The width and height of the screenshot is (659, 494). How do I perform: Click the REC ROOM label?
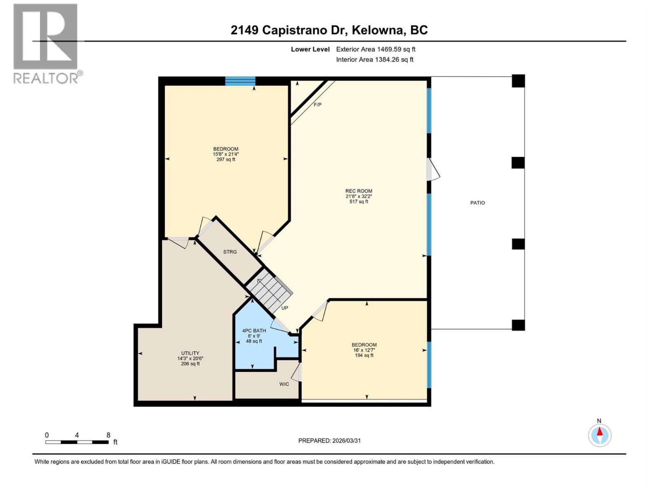point(359,191)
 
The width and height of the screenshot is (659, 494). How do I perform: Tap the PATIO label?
point(477,203)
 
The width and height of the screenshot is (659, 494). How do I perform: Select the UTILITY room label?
point(190,353)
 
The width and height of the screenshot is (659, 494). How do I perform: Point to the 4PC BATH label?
point(254,331)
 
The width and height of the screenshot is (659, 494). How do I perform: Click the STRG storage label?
point(230,252)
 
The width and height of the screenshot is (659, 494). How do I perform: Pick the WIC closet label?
point(284,384)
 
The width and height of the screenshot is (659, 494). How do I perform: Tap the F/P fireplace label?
point(318,105)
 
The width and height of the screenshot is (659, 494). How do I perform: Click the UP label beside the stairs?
point(285,308)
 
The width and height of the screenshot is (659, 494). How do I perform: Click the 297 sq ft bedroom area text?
point(226,160)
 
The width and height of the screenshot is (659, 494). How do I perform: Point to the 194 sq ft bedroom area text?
point(364,355)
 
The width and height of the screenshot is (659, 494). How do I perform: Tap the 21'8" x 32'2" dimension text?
point(359,196)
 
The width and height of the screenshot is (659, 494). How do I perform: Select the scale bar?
point(77,442)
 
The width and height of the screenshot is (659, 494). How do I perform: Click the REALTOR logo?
point(46,43)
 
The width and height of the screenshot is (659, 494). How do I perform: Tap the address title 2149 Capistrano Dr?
point(329,30)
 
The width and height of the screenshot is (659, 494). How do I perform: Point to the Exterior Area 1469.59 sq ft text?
point(376,49)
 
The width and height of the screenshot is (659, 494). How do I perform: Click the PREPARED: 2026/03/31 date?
point(329,440)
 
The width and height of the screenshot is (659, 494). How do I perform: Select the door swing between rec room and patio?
point(432,170)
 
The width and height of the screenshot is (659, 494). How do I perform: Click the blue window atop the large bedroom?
point(240,81)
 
